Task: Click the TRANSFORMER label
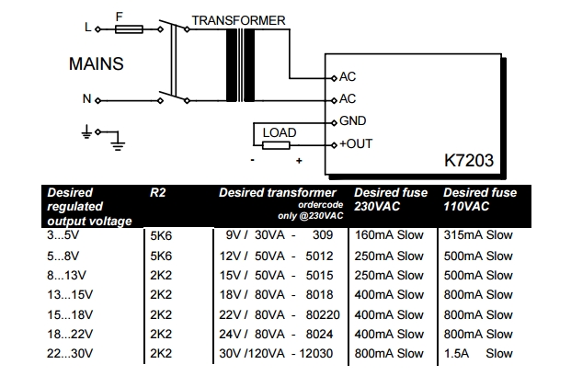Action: [238, 20]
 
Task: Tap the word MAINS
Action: [96, 65]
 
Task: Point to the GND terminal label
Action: [353, 121]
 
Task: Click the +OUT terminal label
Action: [357, 144]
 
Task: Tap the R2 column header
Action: [158, 193]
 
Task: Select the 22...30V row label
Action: [69, 353]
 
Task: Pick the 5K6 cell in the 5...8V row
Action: [160, 255]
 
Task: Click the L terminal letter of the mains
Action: [88, 28]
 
